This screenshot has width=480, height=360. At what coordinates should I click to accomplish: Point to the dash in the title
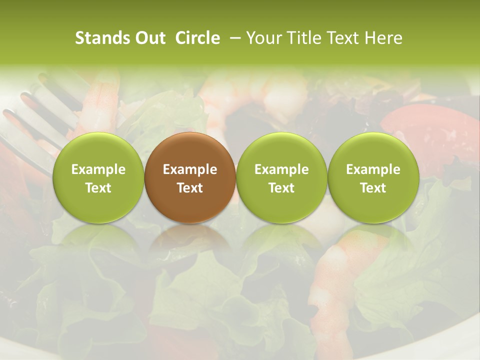point(235,38)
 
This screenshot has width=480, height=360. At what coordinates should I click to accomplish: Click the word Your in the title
point(262,38)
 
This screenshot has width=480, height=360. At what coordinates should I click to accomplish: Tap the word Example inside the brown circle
point(190,169)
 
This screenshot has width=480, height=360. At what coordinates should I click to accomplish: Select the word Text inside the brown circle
point(190,188)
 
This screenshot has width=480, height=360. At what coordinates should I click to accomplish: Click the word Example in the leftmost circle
point(98,169)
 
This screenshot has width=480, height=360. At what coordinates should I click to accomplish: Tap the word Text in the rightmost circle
point(373,188)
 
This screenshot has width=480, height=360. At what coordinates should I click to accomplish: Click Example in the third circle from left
point(281,169)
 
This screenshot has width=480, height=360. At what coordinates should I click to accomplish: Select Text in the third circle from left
point(281,188)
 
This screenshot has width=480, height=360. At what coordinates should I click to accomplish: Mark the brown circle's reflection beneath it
point(190,240)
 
